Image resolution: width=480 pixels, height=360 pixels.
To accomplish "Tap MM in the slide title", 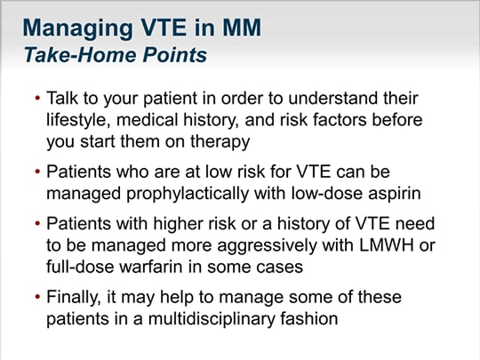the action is click(x=242, y=28).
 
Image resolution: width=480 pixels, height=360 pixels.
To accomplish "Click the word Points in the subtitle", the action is click(x=175, y=55).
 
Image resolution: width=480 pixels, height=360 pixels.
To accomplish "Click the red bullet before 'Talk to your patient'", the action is click(x=37, y=98).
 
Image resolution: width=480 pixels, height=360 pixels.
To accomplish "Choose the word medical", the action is click(x=147, y=119).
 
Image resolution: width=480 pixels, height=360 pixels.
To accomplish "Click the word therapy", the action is click(x=220, y=142).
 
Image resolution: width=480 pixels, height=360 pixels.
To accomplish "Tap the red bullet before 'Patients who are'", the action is click(x=37, y=172).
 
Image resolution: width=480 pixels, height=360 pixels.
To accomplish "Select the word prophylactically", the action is click(x=188, y=194).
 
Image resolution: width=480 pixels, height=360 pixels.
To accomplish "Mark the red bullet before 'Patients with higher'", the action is click(x=37, y=223).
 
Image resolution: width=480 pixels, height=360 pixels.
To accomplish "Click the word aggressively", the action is click(x=267, y=246).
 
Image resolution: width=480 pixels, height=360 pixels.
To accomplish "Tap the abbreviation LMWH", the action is click(x=387, y=245).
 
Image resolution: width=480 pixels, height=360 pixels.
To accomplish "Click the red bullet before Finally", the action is click(x=37, y=297).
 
